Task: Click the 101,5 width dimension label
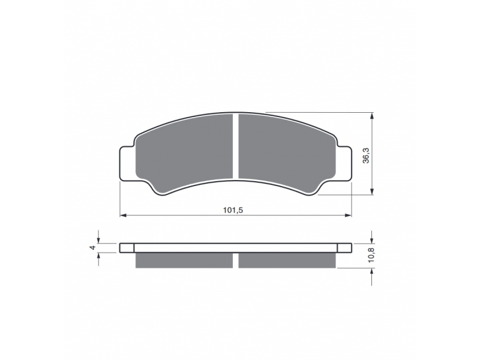pos(233,211)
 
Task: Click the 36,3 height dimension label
pos(366,155)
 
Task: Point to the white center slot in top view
pos(236,146)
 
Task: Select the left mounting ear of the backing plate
pos(127,163)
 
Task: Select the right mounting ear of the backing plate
pos(344,163)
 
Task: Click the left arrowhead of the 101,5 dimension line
pos(123,215)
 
